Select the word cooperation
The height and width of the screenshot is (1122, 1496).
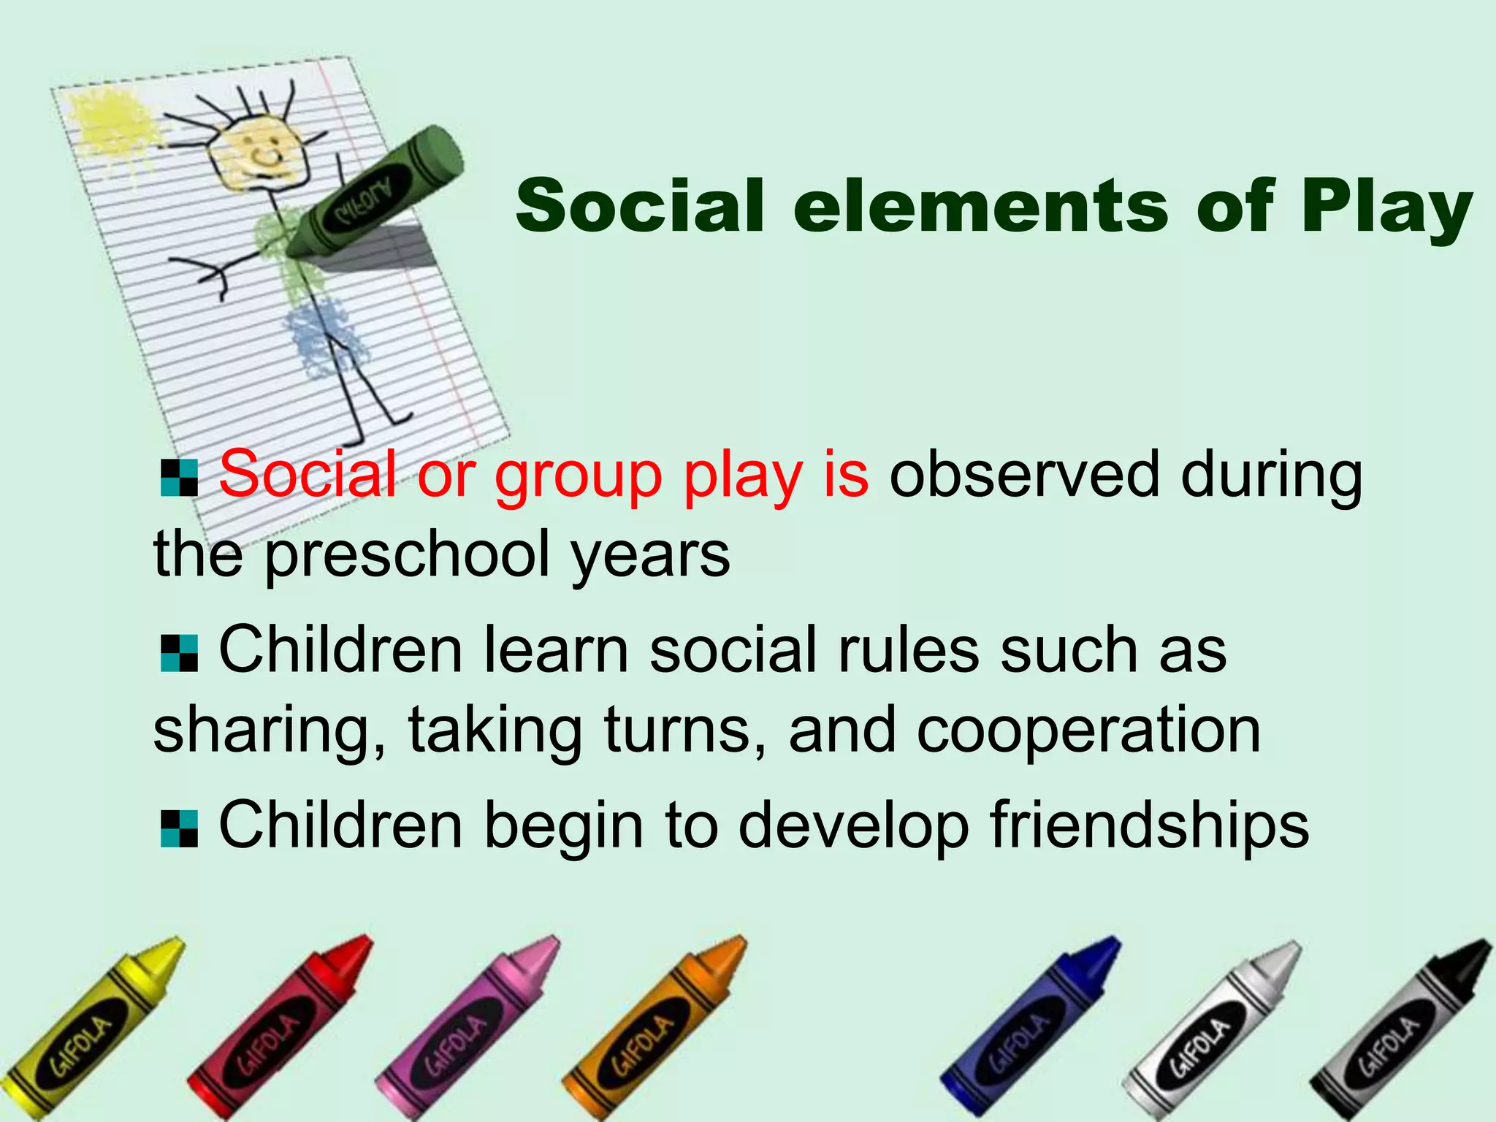point(1088,730)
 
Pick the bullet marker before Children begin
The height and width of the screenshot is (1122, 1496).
point(179,829)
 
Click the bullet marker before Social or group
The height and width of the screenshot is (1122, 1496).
point(179,478)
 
